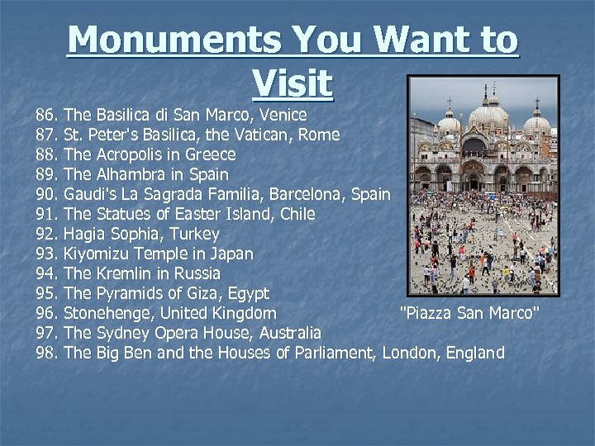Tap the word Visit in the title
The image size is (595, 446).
pos(293,82)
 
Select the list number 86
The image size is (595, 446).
pos(47,115)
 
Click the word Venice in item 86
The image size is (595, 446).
pos(280,115)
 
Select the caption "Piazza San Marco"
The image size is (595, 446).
pos(469,313)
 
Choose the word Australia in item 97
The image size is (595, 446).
pos(290,333)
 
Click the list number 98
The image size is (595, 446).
pos(47,353)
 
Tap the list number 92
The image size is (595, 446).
pos(47,234)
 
